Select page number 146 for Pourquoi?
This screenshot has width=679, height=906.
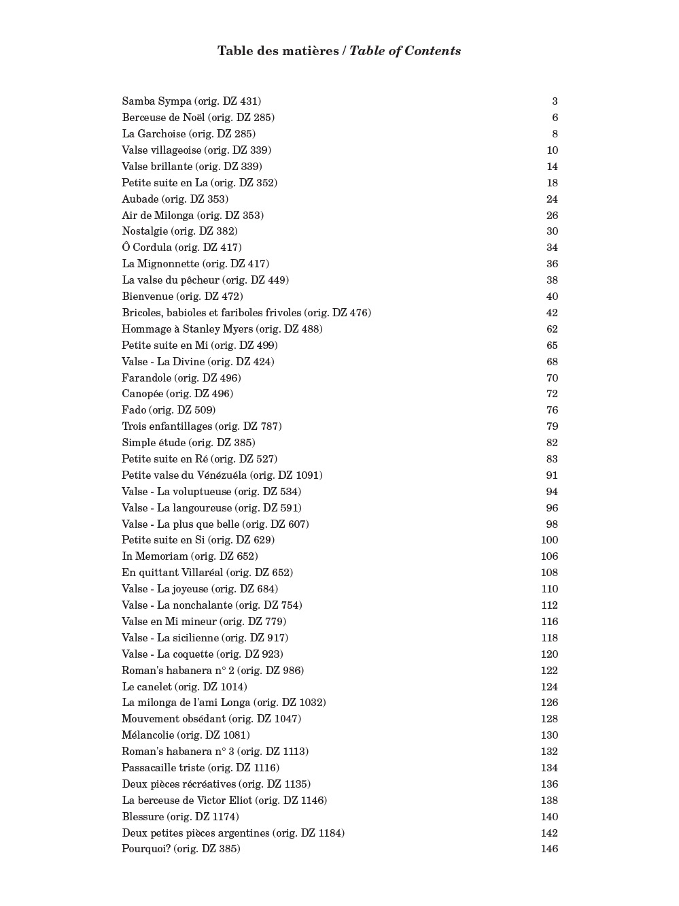coord(549,849)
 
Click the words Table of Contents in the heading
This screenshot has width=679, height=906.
coord(405,51)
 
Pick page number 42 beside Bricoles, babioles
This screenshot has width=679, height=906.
coord(552,313)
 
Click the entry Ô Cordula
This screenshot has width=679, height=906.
coord(147,248)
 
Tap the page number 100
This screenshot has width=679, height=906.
coord(549,540)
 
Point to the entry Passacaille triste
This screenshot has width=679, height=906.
coord(163,768)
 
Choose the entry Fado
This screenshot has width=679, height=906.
coord(134,410)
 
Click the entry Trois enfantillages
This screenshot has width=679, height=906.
coord(167,426)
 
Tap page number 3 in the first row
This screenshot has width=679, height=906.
coord(555,101)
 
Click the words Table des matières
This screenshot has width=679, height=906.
coord(278,51)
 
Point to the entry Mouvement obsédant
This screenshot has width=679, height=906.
coord(173,719)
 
